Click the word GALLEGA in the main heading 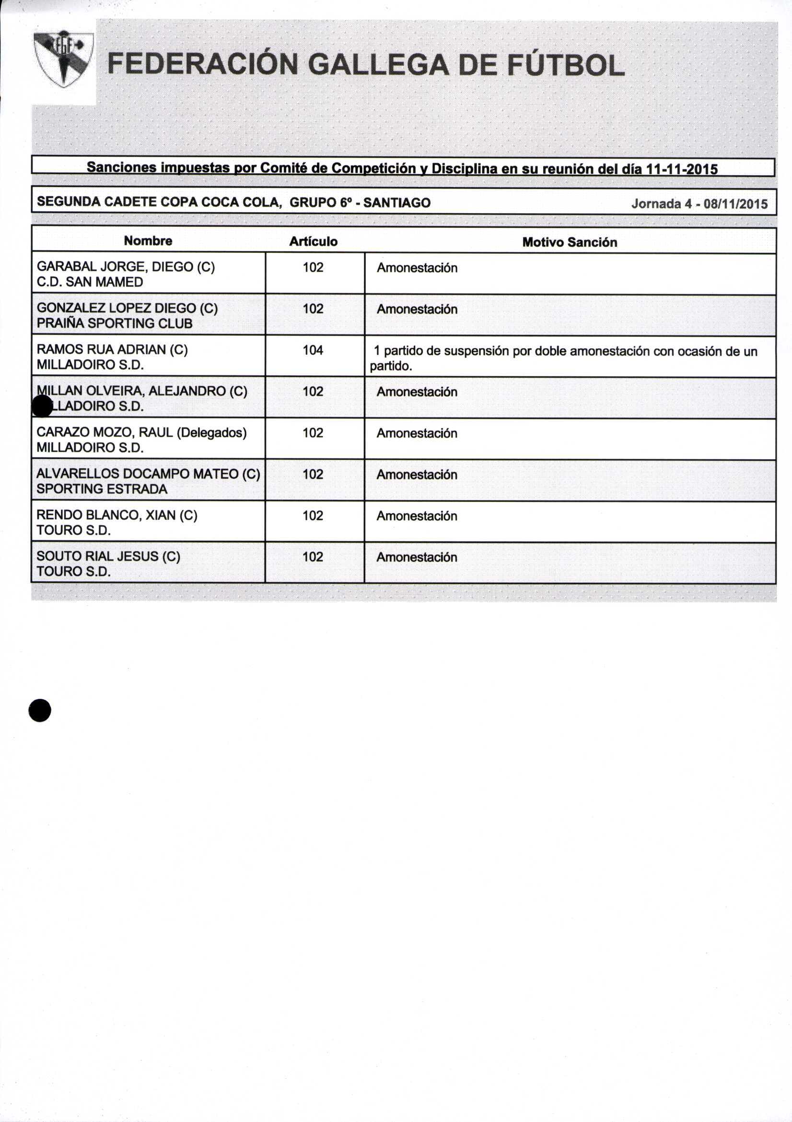point(378,65)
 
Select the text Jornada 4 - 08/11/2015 point(699,203)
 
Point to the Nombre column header point(148,241)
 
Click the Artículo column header point(313,241)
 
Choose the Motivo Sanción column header point(570,242)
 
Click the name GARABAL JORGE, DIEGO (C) point(126,267)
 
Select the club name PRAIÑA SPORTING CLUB point(114,323)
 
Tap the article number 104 point(313,350)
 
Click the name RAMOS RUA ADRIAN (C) point(112,350)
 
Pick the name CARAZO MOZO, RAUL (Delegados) point(141,432)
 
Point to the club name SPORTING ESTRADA point(102,489)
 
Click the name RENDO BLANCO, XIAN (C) point(116,515)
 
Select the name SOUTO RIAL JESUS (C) point(108,556)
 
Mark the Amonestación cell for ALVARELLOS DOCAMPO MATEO point(417,475)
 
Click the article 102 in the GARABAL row point(313,267)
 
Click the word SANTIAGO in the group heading point(396,203)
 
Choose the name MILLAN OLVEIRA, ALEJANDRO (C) point(141,391)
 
